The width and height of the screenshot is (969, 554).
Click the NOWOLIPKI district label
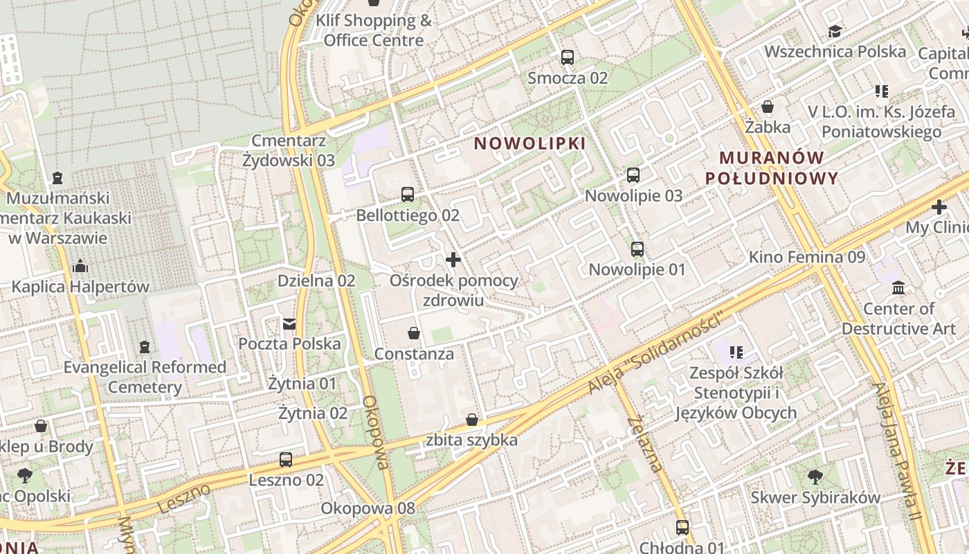click(x=529, y=143)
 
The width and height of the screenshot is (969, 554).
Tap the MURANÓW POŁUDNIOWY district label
click(x=772, y=168)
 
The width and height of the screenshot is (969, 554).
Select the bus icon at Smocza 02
click(x=568, y=57)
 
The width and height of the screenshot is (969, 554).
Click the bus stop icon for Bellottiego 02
click(x=408, y=195)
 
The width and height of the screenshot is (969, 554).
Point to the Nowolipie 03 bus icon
click(x=633, y=175)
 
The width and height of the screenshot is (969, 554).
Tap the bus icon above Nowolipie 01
click(x=637, y=249)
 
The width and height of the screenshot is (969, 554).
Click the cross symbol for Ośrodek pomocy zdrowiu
click(x=453, y=260)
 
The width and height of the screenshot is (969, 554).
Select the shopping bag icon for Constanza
click(x=414, y=333)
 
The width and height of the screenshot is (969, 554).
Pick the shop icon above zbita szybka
click(x=472, y=420)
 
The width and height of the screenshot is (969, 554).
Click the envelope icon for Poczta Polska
click(x=289, y=323)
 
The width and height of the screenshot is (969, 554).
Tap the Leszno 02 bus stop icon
click(x=286, y=459)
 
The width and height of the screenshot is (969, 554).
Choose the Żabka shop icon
click(x=768, y=107)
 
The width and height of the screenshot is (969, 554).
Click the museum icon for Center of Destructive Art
click(x=898, y=287)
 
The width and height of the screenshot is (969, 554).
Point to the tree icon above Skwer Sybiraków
click(x=815, y=476)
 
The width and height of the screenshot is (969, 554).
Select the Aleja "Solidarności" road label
click(x=655, y=353)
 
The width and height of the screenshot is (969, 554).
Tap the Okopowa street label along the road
click(x=378, y=432)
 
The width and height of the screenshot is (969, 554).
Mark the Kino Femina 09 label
click(x=806, y=257)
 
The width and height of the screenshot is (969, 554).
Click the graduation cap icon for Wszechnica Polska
click(x=835, y=32)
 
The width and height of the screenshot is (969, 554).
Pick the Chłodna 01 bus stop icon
click(x=682, y=528)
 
